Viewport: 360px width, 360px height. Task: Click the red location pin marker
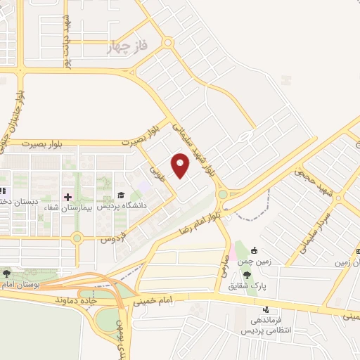coord(181,165)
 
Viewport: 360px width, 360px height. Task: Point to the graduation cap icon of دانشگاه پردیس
coord(120,195)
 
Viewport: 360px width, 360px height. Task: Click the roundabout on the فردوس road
coord(77,238)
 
